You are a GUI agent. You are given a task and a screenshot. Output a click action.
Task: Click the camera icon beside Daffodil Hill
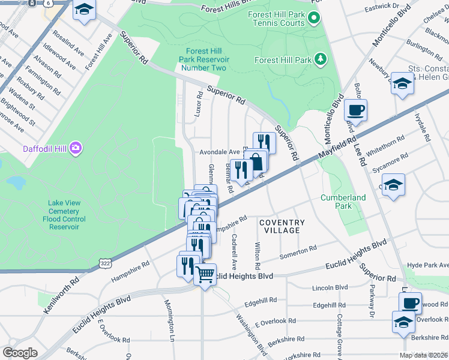[x=76, y=148]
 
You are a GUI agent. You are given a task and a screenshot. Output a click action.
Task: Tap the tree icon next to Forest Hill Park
[x=321, y=59]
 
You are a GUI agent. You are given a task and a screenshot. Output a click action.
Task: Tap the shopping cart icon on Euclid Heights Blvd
[x=205, y=275]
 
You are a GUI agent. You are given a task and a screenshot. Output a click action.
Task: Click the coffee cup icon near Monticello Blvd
[x=355, y=110]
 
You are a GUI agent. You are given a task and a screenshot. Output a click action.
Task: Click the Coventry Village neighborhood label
[x=279, y=226]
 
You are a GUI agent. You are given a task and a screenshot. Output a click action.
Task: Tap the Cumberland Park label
[x=343, y=202]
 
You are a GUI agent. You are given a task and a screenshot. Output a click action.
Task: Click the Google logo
[x=20, y=353]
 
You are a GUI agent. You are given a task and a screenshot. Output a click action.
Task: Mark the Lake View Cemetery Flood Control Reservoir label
[x=64, y=215]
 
